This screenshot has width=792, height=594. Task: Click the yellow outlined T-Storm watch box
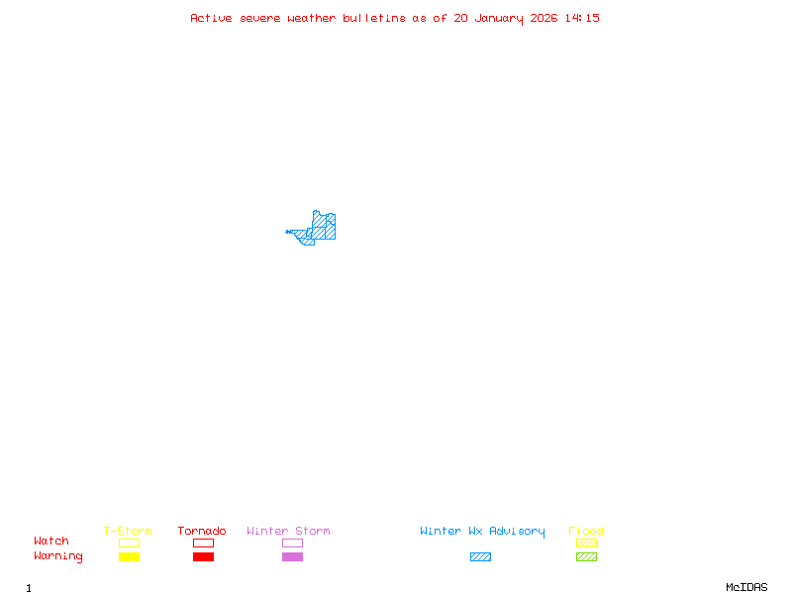tap(129, 543)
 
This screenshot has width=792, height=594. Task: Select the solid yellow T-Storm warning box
tap(129, 556)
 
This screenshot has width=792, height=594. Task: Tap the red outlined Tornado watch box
tap(203, 543)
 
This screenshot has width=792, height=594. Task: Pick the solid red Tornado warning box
tap(203, 556)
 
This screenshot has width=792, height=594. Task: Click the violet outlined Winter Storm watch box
tap(292, 543)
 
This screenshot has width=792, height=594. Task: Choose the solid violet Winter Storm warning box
tap(292, 556)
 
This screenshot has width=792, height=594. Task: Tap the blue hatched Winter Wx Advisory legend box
tap(480, 556)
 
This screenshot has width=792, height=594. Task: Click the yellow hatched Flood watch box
tap(586, 543)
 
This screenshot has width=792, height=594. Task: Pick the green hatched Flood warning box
tap(586, 556)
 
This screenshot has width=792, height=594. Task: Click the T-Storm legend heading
tap(128, 531)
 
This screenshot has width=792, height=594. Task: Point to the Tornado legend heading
tap(202, 531)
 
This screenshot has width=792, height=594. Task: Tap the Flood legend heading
tap(586, 531)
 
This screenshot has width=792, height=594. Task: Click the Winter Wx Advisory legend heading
tap(482, 531)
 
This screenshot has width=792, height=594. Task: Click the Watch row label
tap(51, 542)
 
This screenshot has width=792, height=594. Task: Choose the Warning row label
tap(58, 556)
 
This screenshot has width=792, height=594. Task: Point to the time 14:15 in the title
tap(582, 18)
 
